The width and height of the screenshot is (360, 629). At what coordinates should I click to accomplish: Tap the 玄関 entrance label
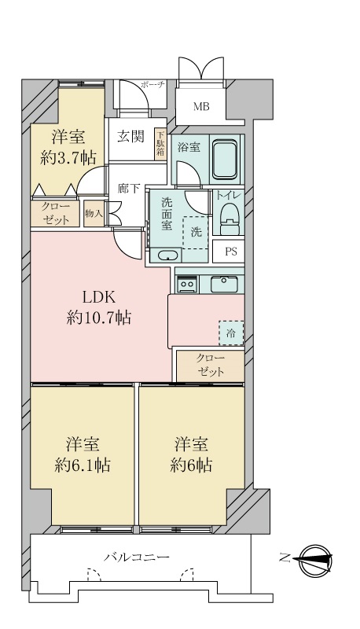[x=130, y=136]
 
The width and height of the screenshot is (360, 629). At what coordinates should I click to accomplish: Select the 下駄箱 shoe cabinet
[x=160, y=144]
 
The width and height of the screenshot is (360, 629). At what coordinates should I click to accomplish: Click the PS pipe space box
[x=230, y=252]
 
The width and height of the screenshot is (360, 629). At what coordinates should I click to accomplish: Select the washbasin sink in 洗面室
[x=167, y=256]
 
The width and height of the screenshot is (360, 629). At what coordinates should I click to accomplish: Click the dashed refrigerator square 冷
[x=231, y=333]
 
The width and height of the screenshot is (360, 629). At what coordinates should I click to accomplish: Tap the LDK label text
[x=100, y=297]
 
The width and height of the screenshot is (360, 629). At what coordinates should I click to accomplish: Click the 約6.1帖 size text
[x=82, y=465]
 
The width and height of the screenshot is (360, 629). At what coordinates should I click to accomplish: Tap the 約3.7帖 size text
[x=68, y=156]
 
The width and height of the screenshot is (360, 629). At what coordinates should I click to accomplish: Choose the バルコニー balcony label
[x=137, y=557]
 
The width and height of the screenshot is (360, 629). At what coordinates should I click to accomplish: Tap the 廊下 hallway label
[x=128, y=189]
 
